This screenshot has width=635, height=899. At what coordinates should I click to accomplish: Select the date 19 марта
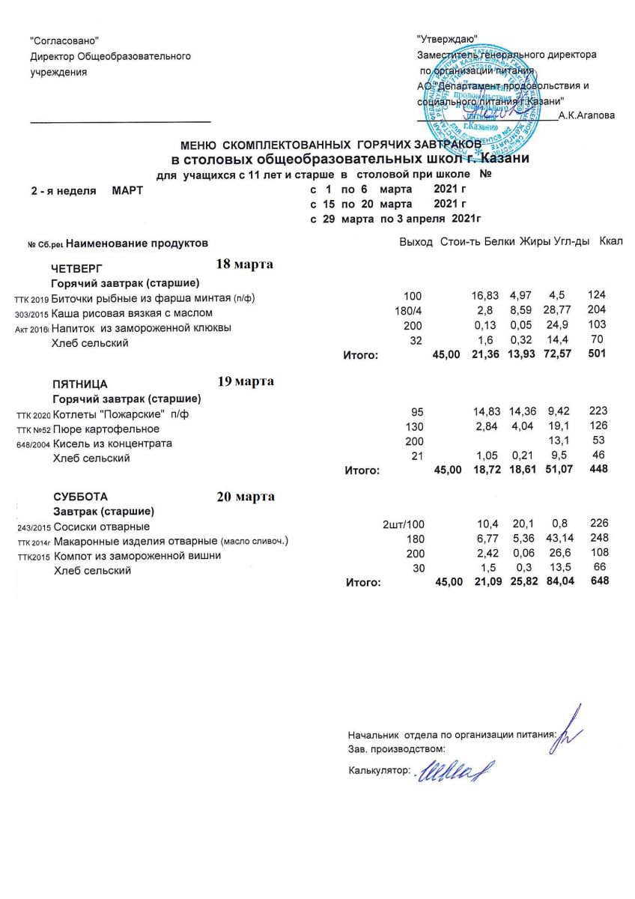click(x=245, y=381)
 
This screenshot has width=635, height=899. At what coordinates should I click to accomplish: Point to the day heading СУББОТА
click(x=80, y=497)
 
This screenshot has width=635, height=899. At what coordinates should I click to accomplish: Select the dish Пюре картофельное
click(x=105, y=429)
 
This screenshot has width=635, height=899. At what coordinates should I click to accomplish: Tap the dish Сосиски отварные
click(x=101, y=527)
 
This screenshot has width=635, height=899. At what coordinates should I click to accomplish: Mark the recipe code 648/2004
click(x=31, y=444)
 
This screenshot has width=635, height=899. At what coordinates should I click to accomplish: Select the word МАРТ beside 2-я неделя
click(x=127, y=191)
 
